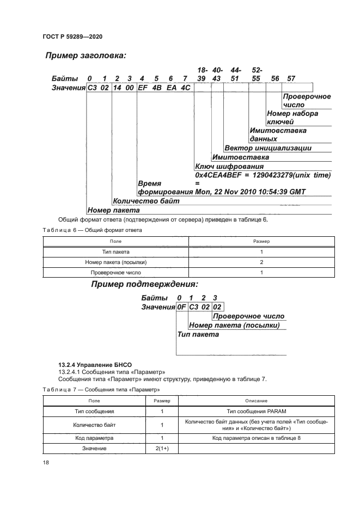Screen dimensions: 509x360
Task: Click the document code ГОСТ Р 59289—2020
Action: click(x=72, y=36)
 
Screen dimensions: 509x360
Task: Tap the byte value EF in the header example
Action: click(x=143, y=88)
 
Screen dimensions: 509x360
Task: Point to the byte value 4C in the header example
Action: click(x=185, y=88)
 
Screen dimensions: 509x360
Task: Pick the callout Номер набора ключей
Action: click(x=292, y=118)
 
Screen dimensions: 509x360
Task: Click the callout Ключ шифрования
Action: click(x=229, y=166)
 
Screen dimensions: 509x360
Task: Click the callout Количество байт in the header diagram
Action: click(x=146, y=201)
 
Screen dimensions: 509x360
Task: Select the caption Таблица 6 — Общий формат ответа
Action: click(x=92, y=230)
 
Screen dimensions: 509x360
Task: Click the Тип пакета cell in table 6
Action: click(x=115, y=252)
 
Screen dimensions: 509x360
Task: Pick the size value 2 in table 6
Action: click(x=261, y=262)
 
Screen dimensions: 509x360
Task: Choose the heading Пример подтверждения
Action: click(x=144, y=284)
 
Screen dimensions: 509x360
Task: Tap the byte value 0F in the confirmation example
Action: click(x=181, y=307)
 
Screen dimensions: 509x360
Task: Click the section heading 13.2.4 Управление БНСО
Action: click(x=95, y=364)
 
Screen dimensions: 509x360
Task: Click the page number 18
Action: click(x=46, y=462)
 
